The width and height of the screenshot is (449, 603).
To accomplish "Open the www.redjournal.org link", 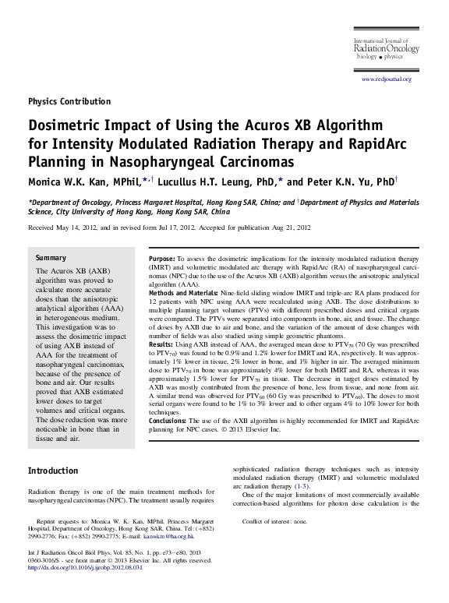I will click(x=385, y=79).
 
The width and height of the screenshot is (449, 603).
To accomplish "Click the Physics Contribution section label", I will click(x=69, y=101).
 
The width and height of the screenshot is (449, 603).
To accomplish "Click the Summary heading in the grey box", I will click(x=51, y=256).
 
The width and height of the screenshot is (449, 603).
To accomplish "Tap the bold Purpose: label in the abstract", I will click(x=164, y=257).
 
